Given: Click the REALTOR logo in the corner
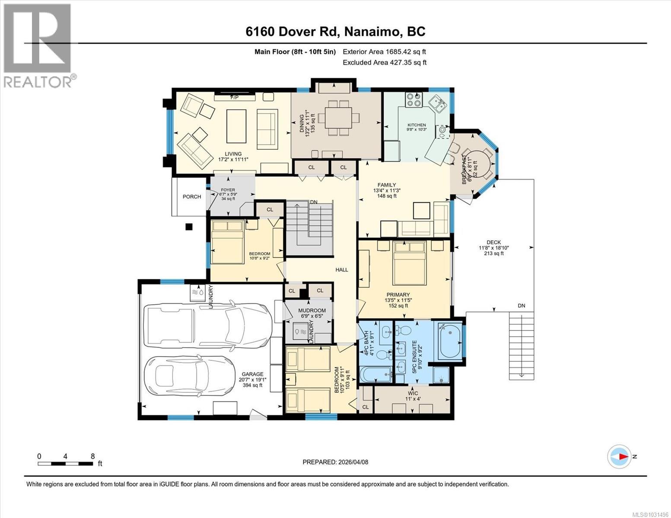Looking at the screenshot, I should coord(38,45).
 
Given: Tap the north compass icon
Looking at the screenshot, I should coord(619,456).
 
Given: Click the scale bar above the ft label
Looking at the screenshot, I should coord(65,464).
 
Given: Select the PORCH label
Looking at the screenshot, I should coord(192,196).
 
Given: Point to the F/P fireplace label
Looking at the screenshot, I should coord(234,98).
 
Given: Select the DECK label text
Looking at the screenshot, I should coord(493,242).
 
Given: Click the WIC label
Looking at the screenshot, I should coord(412,393).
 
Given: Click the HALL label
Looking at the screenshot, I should coord(342,269).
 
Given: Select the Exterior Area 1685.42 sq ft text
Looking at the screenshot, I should coord(385,51).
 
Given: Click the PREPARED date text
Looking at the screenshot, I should coord(335,462).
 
